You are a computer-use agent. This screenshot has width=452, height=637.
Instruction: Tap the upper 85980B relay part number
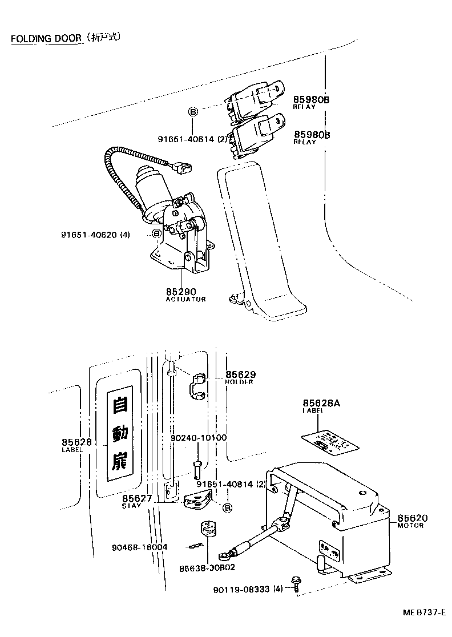click(312, 99)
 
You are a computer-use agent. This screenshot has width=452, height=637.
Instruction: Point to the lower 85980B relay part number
click(312, 135)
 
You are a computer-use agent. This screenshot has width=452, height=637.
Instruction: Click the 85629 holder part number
click(240, 374)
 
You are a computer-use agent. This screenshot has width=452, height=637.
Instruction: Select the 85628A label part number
click(321, 403)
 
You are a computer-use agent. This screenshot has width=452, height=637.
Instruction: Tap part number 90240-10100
click(199, 438)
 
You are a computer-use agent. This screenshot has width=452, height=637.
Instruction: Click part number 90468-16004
click(140, 547)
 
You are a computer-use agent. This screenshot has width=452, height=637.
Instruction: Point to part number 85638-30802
click(207, 568)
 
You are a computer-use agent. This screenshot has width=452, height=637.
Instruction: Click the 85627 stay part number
click(137, 498)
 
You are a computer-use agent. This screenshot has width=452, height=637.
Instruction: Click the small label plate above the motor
click(327, 442)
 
